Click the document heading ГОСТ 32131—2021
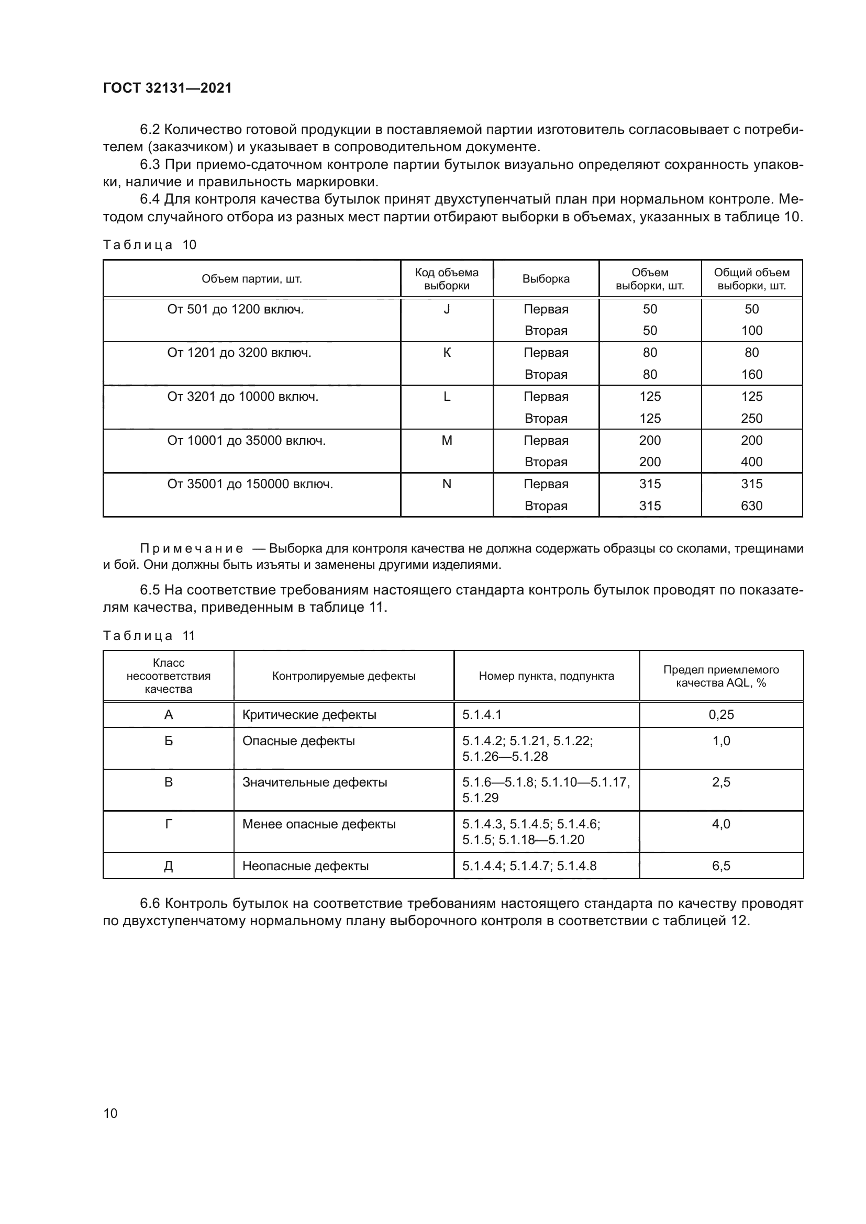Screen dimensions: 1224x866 click(x=168, y=88)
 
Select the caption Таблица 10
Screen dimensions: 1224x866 click(x=150, y=245)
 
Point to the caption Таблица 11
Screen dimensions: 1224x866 click(x=149, y=635)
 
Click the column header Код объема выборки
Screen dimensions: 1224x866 click(x=446, y=279)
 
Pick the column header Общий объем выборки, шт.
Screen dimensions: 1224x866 click(x=751, y=279)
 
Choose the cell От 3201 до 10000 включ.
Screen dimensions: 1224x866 click(x=242, y=397)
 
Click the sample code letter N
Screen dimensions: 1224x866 click(x=447, y=484)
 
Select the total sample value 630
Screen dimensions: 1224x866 click(x=751, y=506)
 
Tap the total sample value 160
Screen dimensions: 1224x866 click(x=751, y=374)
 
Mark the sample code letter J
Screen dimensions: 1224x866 click(x=447, y=309)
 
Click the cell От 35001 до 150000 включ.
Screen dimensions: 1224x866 click(x=250, y=484)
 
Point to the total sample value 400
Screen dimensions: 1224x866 click(x=751, y=462)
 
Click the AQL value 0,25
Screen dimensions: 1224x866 click(x=721, y=714)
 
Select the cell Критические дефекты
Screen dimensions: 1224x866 click(x=309, y=714)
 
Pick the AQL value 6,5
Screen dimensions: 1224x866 click(x=721, y=866)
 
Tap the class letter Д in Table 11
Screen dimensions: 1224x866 click(x=169, y=866)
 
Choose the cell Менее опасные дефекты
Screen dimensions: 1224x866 click(x=319, y=824)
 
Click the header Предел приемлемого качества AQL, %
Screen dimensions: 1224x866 click(x=721, y=676)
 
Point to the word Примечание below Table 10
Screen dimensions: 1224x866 click(x=192, y=548)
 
